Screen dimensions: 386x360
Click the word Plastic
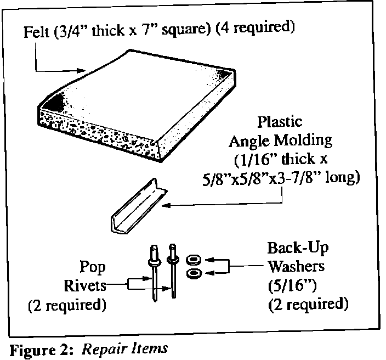[280, 121]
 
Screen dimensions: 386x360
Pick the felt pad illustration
[137, 104]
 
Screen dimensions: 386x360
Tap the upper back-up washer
[194, 258]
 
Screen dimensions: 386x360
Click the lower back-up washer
[194, 273]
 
